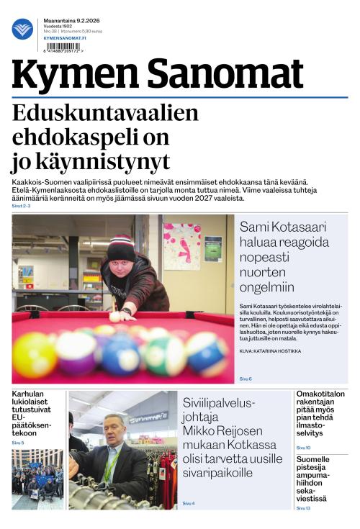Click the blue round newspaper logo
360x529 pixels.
coord(22,29)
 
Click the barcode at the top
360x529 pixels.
coord(62,45)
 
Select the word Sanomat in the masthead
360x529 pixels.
coord(228,74)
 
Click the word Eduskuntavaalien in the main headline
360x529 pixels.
coord(105,114)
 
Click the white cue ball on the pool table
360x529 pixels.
coord(115,316)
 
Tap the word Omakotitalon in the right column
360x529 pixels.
coord(320,394)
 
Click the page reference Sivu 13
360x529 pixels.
coord(303,509)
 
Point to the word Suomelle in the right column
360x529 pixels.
coord(312,459)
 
